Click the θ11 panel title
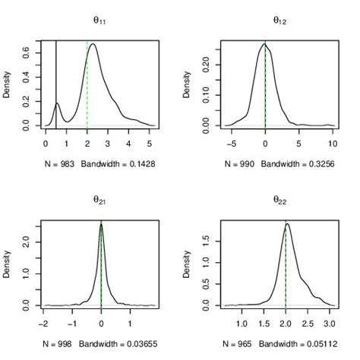tap(99, 21)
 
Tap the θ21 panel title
tap(99, 201)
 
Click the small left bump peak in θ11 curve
tap(56, 103)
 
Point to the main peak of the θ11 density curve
tap(93, 44)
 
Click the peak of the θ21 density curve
tap(101, 224)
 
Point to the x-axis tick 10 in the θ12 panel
tap(332, 142)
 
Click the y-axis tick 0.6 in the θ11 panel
tap(27, 52)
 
